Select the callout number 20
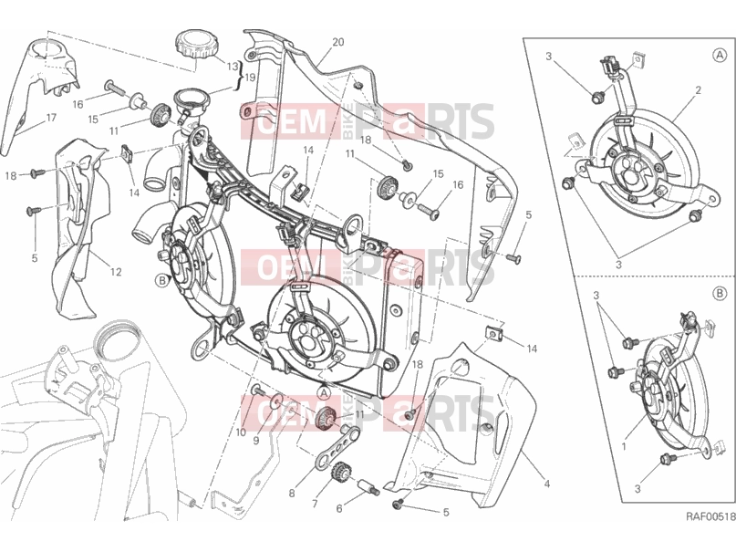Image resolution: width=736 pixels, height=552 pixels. click(338, 42)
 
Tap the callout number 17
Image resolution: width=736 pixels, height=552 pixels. click(51, 118)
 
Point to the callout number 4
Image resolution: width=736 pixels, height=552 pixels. click(546, 483)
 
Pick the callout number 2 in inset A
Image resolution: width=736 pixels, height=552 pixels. click(698, 89)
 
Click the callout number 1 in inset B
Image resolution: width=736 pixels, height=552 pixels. click(624, 446)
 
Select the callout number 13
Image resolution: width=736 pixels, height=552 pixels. click(233, 67)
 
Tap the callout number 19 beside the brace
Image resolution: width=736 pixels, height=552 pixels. click(250, 77)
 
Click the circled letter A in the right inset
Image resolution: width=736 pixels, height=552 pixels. click(719, 56)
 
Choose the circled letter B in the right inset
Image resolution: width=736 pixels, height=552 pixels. click(719, 295)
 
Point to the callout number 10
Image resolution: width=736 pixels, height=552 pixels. click(242, 432)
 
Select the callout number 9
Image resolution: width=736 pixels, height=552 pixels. click(256, 441)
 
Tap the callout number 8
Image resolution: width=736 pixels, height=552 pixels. click(292, 494)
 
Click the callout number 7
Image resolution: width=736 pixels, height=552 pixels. click(315, 505)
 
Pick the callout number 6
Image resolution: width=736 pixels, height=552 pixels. click(339, 508)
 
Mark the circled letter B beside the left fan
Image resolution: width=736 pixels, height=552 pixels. click(162, 281)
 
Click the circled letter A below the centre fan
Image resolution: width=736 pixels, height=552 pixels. click(324, 391)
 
